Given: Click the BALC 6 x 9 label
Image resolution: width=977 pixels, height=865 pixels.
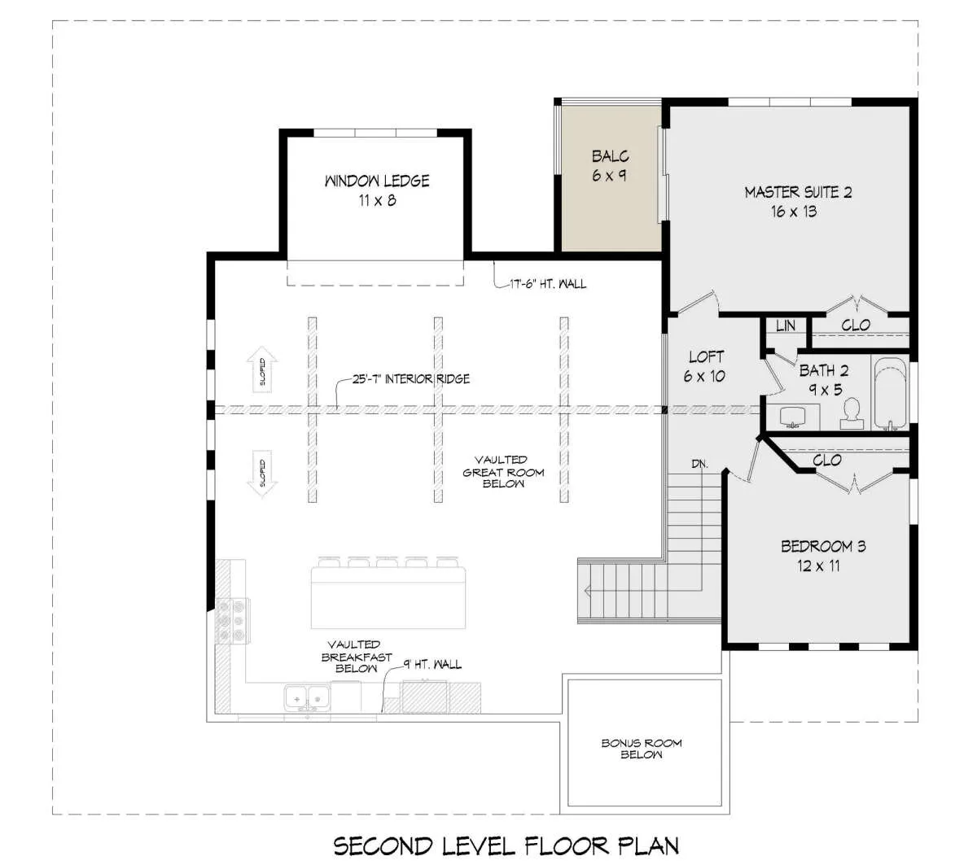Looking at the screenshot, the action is pyautogui.click(x=610, y=165).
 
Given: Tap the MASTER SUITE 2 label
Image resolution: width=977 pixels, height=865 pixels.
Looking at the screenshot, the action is pyautogui.click(x=798, y=192).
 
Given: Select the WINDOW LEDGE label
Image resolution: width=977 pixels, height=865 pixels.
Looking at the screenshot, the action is pyautogui.click(x=377, y=181).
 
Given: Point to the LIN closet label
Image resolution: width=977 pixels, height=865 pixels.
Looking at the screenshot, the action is pyautogui.click(x=786, y=325).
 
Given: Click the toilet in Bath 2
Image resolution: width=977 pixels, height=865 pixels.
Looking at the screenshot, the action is pyautogui.click(x=852, y=413).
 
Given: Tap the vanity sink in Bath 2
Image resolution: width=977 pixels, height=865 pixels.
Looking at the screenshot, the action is pyautogui.click(x=793, y=417).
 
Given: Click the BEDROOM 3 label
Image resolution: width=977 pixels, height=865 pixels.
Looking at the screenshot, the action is pyautogui.click(x=823, y=547).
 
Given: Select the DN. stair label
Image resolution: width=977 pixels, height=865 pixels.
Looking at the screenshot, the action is pyautogui.click(x=699, y=464).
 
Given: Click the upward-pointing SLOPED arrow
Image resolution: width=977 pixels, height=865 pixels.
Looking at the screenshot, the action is pyautogui.click(x=262, y=369).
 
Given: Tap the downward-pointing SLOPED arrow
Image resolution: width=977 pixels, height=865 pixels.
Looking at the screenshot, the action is pyautogui.click(x=262, y=474).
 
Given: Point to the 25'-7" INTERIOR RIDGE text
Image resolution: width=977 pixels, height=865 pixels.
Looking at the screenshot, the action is pyautogui.click(x=411, y=379).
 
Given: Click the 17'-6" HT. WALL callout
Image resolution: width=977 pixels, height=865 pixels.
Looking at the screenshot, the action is pyautogui.click(x=548, y=284).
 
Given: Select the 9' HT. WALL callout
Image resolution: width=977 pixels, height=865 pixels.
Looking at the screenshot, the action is pyautogui.click(x=432, y=665).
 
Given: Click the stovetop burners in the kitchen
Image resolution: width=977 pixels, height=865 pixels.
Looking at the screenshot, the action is pyautogui.click(x=232, y=621).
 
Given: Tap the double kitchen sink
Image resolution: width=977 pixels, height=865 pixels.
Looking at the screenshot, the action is pyautogui.click(x=307, y=698).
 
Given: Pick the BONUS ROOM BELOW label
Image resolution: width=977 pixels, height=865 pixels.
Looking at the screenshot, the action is pyautogui.click(x=642, y=749).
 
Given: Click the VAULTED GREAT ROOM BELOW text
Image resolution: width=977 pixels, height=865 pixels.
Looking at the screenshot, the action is pyautogui.click(x=503, y=472).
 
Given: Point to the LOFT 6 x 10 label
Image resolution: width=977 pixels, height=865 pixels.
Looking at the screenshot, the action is pyautogui.click(x=705, y=367).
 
